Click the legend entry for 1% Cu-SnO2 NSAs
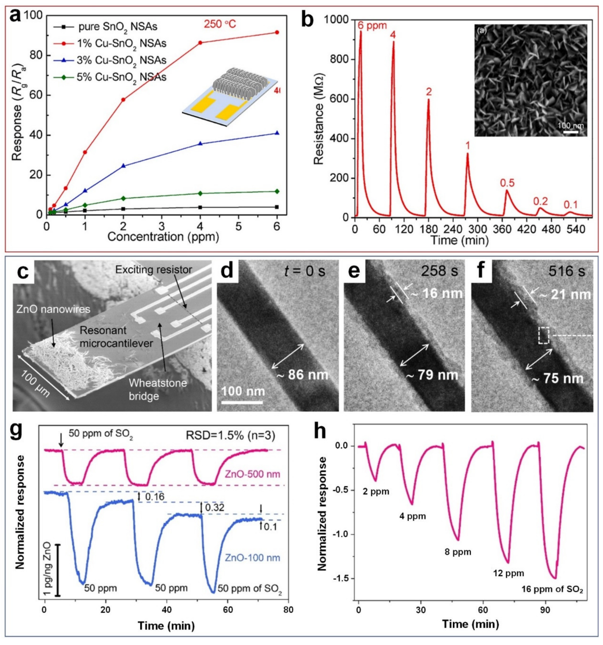[122, 43]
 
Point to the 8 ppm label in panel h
[457, 552]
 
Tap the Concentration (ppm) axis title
[163, 237]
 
